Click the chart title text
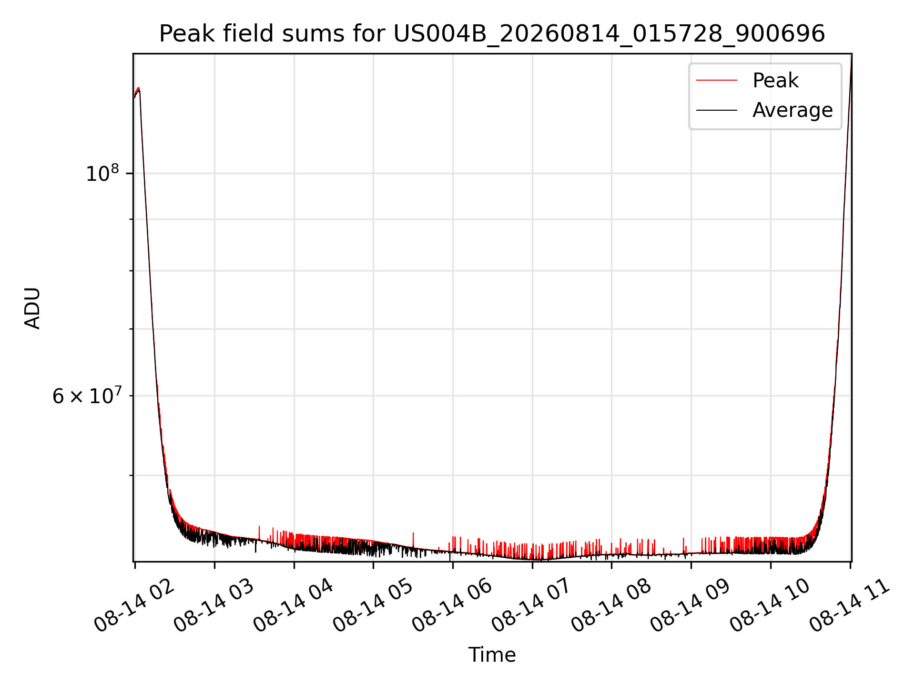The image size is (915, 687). tap(492, 34)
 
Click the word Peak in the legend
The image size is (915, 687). tap(775, 80)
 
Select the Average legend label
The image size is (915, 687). tap(793, 110)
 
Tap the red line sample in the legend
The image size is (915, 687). tap(717, 80)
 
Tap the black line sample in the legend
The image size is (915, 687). tap(717, 110)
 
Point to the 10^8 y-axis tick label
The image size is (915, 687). tap(102, 173)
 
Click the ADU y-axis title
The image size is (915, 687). tap(32, 308)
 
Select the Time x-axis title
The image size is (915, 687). tap(492, 655)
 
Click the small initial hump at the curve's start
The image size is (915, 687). tap(138, 89)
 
